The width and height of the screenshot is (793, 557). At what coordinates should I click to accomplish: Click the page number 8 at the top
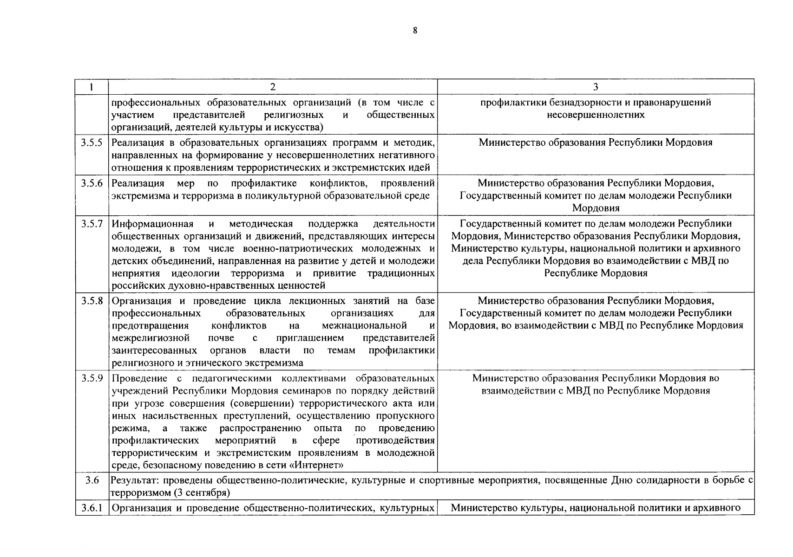click(x=415, y=31)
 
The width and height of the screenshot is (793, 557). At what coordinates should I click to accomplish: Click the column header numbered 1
click(x=92, y=87)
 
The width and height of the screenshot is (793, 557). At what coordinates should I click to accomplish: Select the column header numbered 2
click(x=273, y=87)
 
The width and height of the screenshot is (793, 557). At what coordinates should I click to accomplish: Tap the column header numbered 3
click(x=596, y=87)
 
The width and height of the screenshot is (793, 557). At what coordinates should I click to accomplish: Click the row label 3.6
click(x=92, y=480)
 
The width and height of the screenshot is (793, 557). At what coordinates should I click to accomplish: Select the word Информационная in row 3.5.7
click(x=152, y=223)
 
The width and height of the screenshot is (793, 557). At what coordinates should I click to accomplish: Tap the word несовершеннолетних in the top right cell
click(x=596, y=115)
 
